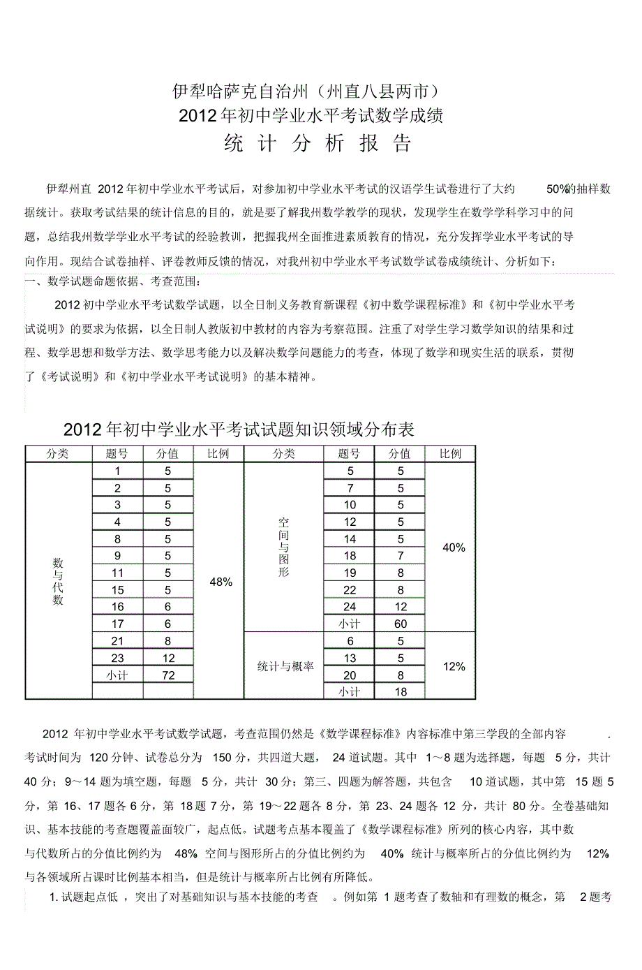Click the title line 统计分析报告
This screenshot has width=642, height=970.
[318, 143]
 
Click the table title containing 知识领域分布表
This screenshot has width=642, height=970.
[239, 429]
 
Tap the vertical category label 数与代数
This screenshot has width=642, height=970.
[58, 581]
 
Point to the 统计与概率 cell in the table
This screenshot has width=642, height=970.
[285, 666]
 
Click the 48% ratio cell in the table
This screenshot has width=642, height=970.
[221, 582]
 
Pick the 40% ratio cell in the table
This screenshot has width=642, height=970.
[454, 548]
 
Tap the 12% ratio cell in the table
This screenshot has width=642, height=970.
[454, 666]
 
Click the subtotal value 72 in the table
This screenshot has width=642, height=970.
[168, 675]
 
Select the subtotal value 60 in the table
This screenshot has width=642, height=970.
[401, 624]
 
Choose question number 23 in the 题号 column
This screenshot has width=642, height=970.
[117, 658]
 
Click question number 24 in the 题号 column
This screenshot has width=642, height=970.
[350, 607]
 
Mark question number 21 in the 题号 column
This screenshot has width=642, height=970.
[117, 641]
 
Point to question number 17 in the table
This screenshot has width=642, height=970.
[117, 624]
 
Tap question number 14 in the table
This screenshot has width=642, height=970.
[350, 539]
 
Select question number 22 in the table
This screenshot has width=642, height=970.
[350, 590]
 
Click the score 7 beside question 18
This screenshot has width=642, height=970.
[401, 556]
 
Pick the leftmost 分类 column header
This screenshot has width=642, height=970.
[58, 454]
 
